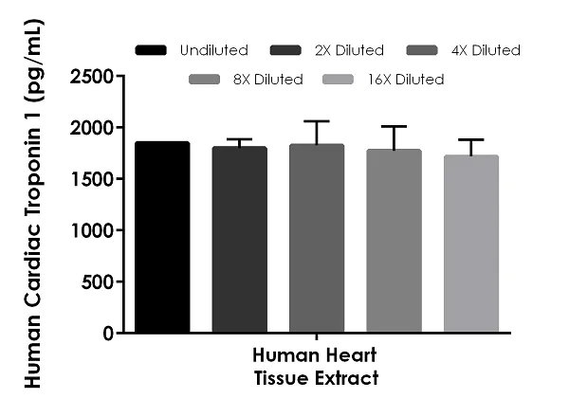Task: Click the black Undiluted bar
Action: pos(162,237)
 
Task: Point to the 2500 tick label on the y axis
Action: pos(92,76)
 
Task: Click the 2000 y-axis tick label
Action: pos(92,127)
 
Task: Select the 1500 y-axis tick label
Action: pos(92,179)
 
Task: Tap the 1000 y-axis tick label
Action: pos(92,230)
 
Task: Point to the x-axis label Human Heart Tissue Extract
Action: pos(316,367)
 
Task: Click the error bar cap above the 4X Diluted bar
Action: pos(317,121)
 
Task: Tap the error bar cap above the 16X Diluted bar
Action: pos(471,139)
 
